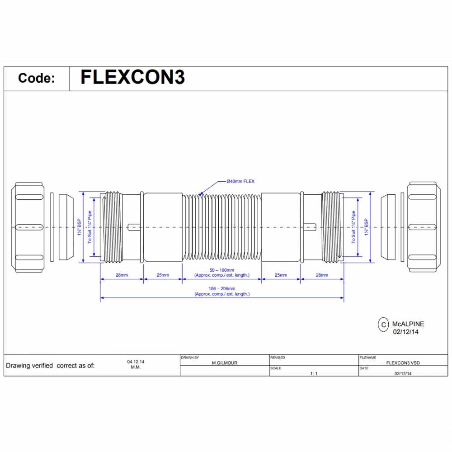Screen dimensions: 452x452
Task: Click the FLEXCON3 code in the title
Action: point(132,77)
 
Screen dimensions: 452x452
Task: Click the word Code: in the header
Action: point(37,78)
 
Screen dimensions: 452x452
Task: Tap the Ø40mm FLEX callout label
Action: point(240,181)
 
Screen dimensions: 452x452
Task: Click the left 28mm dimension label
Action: point(121,275)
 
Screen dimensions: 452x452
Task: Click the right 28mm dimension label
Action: point(322,275)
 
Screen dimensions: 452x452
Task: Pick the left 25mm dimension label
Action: point(163,275)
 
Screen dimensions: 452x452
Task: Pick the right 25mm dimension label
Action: point(281,275)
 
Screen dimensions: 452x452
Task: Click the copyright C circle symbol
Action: point(383,324)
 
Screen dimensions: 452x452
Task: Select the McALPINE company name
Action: point(408,324)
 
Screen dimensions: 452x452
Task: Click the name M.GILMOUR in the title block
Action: point(225,363)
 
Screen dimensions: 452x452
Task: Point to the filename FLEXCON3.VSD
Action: point(404,363)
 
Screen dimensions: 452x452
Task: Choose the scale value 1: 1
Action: point(314,374)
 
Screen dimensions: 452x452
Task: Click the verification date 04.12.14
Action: point(136,362)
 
